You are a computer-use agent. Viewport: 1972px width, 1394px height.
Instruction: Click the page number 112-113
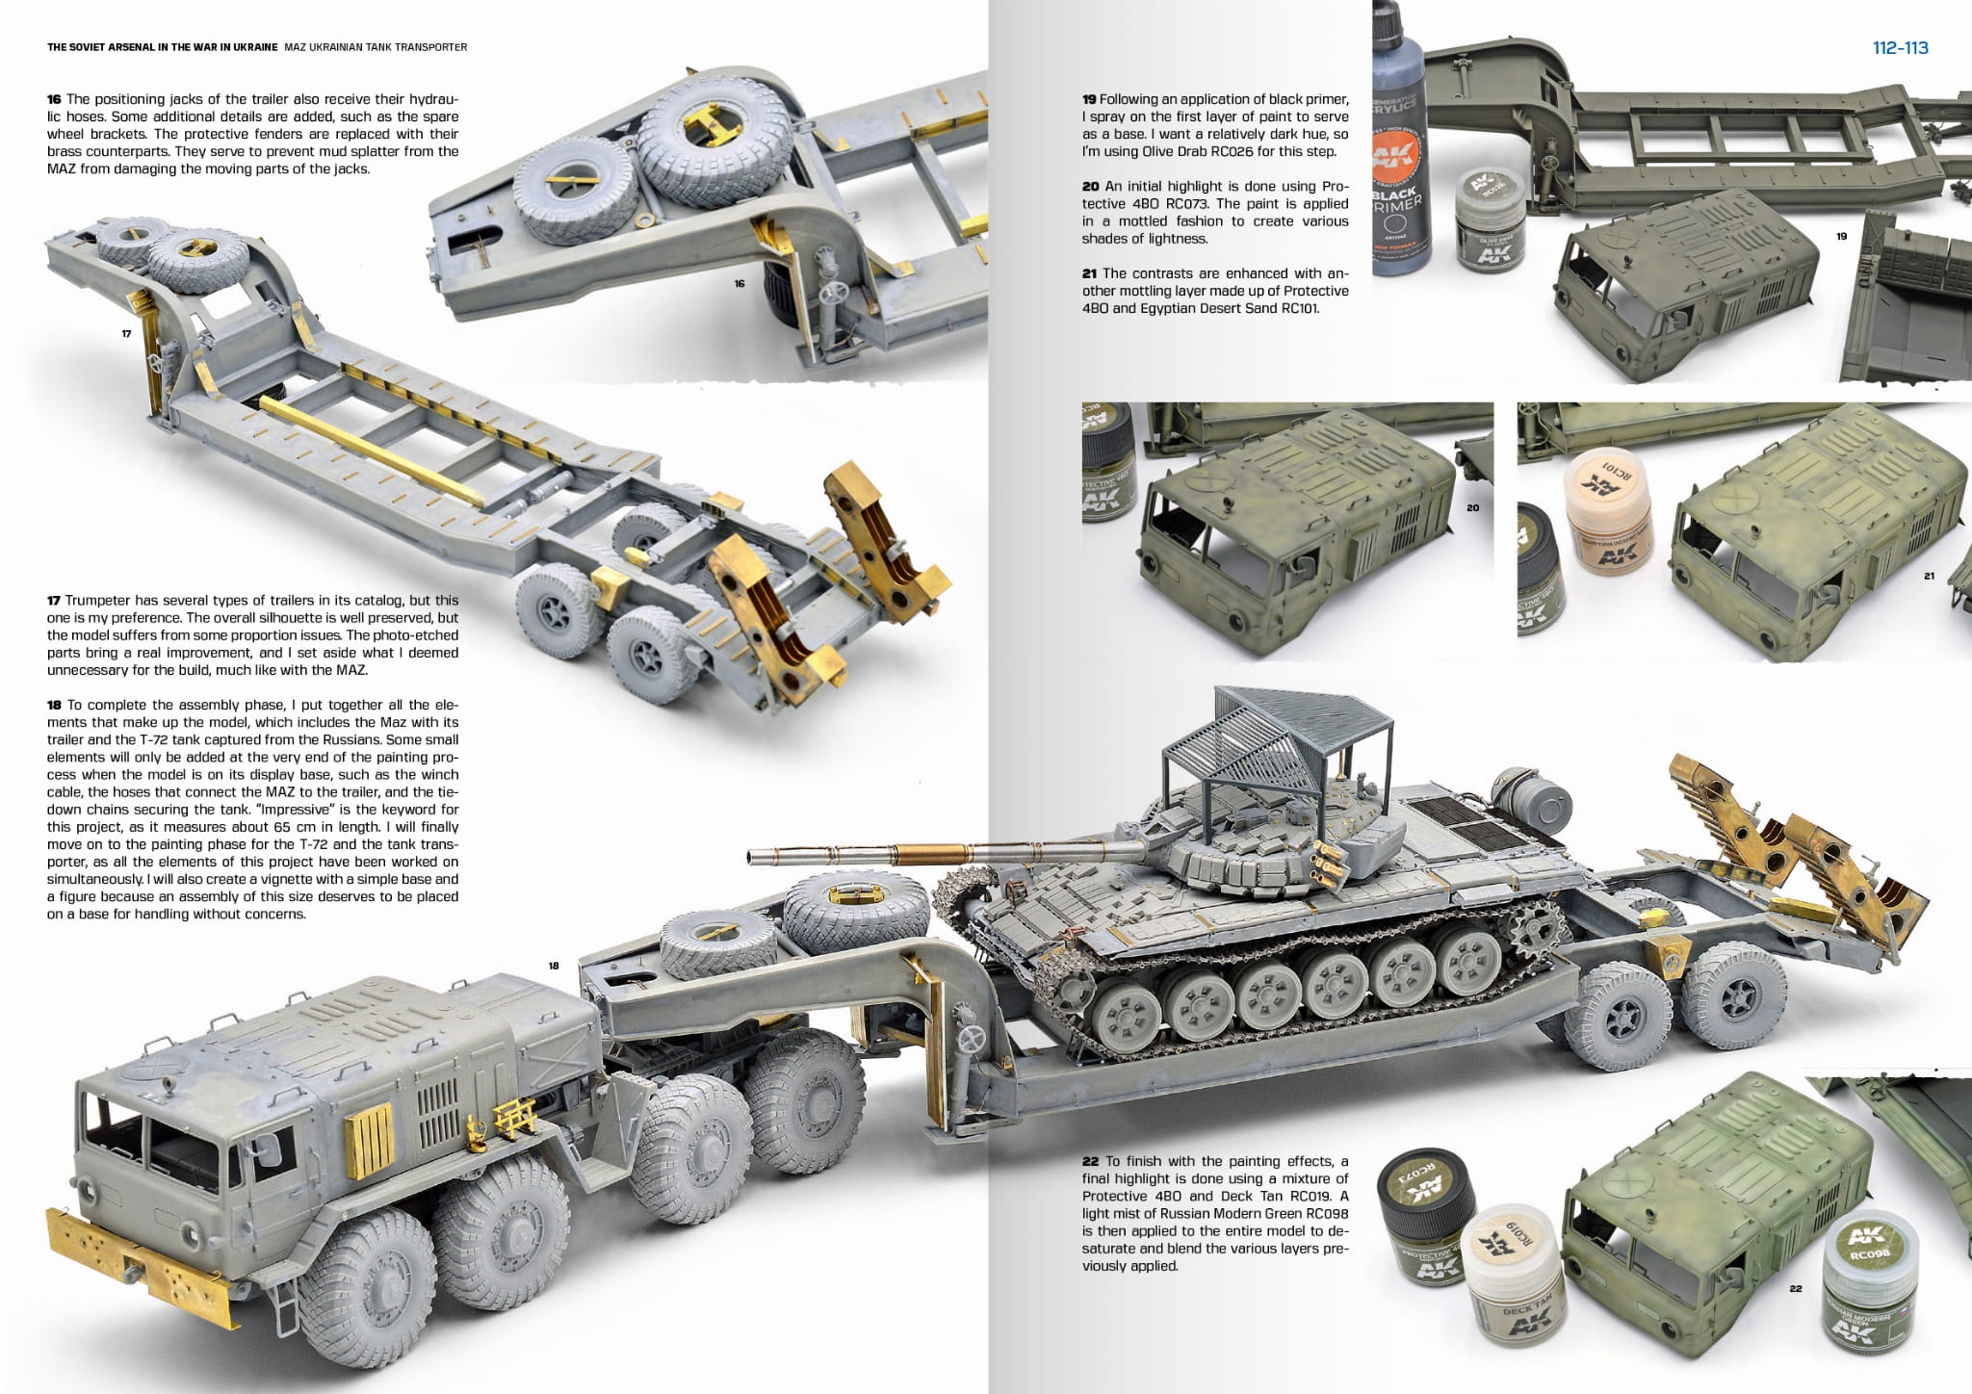[x=1900, y=48]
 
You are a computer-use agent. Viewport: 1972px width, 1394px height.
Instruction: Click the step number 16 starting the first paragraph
[x=54, y=99]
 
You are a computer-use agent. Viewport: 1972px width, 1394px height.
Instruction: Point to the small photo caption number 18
[x=554, y=966]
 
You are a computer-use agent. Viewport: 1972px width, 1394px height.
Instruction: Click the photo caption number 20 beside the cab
[x=1472, y=507]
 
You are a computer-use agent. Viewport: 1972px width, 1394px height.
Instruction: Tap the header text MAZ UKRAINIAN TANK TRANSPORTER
[x=376, y=47]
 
